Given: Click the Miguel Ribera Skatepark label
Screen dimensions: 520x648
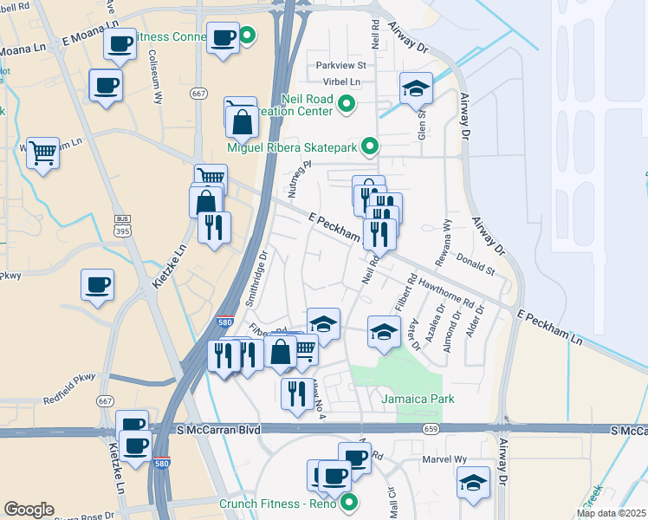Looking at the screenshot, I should tap(292, 147).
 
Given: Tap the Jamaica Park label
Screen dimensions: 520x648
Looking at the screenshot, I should tap(418, 399).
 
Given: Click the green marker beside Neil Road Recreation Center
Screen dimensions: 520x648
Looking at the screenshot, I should tap(347, 105).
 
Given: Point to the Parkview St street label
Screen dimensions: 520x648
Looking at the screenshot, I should tap(341, 65).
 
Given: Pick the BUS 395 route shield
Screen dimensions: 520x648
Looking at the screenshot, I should tap(122, 225).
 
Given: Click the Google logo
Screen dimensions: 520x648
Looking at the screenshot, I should tap(29, 510).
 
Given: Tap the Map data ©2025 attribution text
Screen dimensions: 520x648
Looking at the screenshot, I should tap(610, 513).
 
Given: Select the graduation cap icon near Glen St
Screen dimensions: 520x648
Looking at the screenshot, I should tap(416, 88).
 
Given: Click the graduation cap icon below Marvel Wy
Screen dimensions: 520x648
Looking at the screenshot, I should tap(473, 482).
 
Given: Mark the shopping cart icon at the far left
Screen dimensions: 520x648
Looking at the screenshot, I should tap(42, 153).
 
